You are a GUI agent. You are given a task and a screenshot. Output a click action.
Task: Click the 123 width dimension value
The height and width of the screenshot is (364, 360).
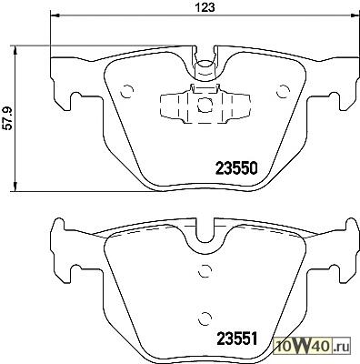[x=206, y=7]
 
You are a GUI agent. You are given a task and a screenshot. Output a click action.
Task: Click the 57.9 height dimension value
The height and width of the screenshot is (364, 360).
[x=7, y=118]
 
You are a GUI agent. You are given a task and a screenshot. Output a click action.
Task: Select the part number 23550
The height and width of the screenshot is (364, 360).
[x=236, y=168]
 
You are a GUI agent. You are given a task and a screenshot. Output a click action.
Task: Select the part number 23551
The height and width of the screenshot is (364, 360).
[x=236, y=339]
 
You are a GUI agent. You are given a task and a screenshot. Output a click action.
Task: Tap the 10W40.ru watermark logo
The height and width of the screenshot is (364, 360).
[x=312, y=346]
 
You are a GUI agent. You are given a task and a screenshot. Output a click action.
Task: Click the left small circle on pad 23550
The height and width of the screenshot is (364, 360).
[x=127, y=91]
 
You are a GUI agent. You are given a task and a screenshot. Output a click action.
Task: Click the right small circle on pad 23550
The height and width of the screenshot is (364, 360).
[x=284, y=91]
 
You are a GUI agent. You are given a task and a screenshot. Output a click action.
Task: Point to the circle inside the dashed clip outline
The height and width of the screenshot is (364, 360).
[x=204, y=104]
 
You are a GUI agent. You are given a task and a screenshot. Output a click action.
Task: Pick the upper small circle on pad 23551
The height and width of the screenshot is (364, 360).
[x=205, y=270]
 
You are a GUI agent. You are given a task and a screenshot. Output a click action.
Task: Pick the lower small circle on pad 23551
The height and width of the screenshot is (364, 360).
[x=205, y=318]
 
